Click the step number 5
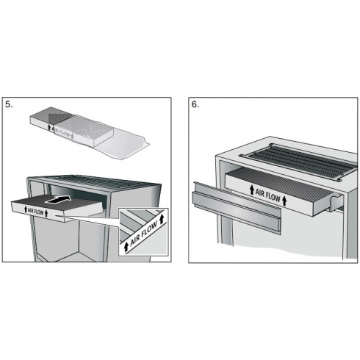pos(9,104)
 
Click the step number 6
pos(195,104)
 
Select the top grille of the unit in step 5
pos(96,181)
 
